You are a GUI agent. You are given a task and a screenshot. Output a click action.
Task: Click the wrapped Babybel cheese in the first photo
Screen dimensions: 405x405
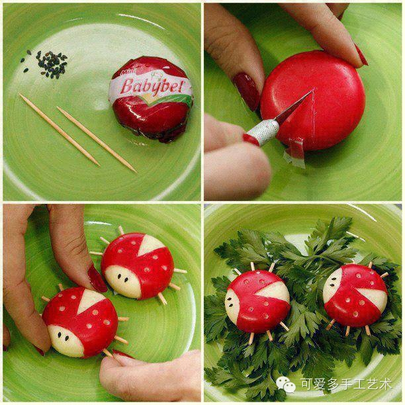point(153,99)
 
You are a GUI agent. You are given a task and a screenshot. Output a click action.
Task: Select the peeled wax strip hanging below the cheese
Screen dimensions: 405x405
point(294,152)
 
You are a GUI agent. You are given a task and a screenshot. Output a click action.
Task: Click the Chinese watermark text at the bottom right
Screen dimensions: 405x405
point(346,384)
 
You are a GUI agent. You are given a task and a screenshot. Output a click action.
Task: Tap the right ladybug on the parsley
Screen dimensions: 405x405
point(355,294)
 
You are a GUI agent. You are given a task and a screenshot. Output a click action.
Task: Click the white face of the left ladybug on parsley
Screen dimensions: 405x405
point(232,305)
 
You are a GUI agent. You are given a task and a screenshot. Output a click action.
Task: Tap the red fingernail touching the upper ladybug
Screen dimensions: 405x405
point(97,279)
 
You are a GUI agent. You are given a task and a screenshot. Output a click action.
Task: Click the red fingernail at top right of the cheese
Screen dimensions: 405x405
point(361,55)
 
